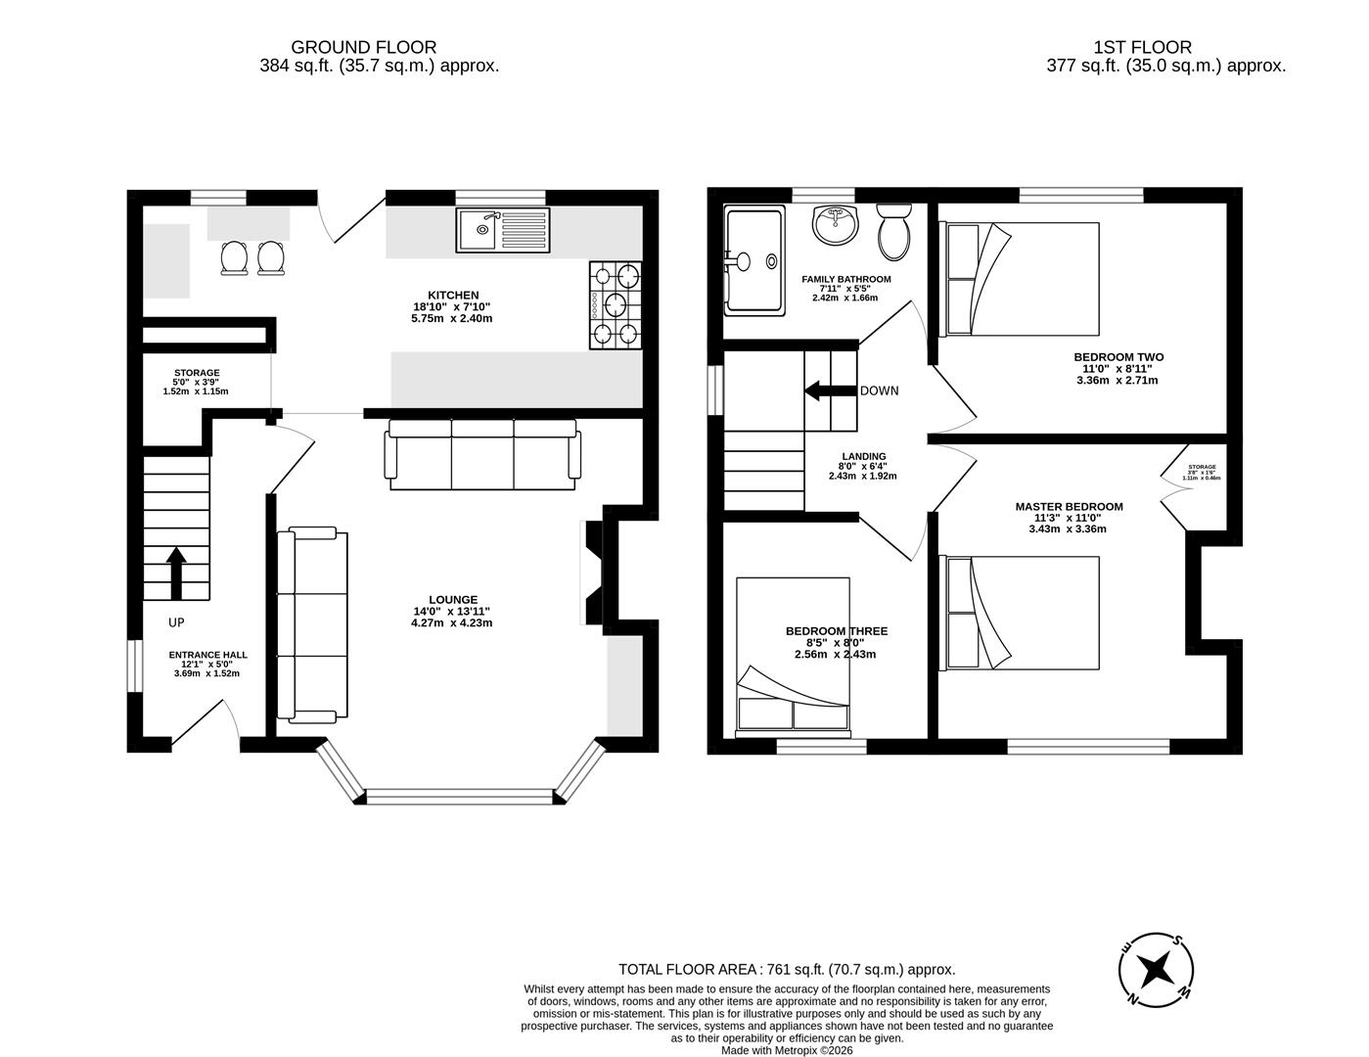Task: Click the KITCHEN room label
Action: point(452,295)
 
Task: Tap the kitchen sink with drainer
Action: point(501,230)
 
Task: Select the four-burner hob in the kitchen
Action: point(616,304)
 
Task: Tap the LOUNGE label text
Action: point(452,600)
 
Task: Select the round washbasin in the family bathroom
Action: point(835,224)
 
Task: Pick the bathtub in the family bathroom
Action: point(754,260)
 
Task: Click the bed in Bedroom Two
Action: point(1021,279)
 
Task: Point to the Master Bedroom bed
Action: point(1021,613)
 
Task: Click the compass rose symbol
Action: point(1156,969)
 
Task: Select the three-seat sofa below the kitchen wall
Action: point(483,454)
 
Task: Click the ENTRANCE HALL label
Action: point(207,655)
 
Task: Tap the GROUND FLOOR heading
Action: point(363,47)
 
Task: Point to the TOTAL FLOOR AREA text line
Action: point(786,969)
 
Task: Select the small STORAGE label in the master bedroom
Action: point(1201,468)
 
